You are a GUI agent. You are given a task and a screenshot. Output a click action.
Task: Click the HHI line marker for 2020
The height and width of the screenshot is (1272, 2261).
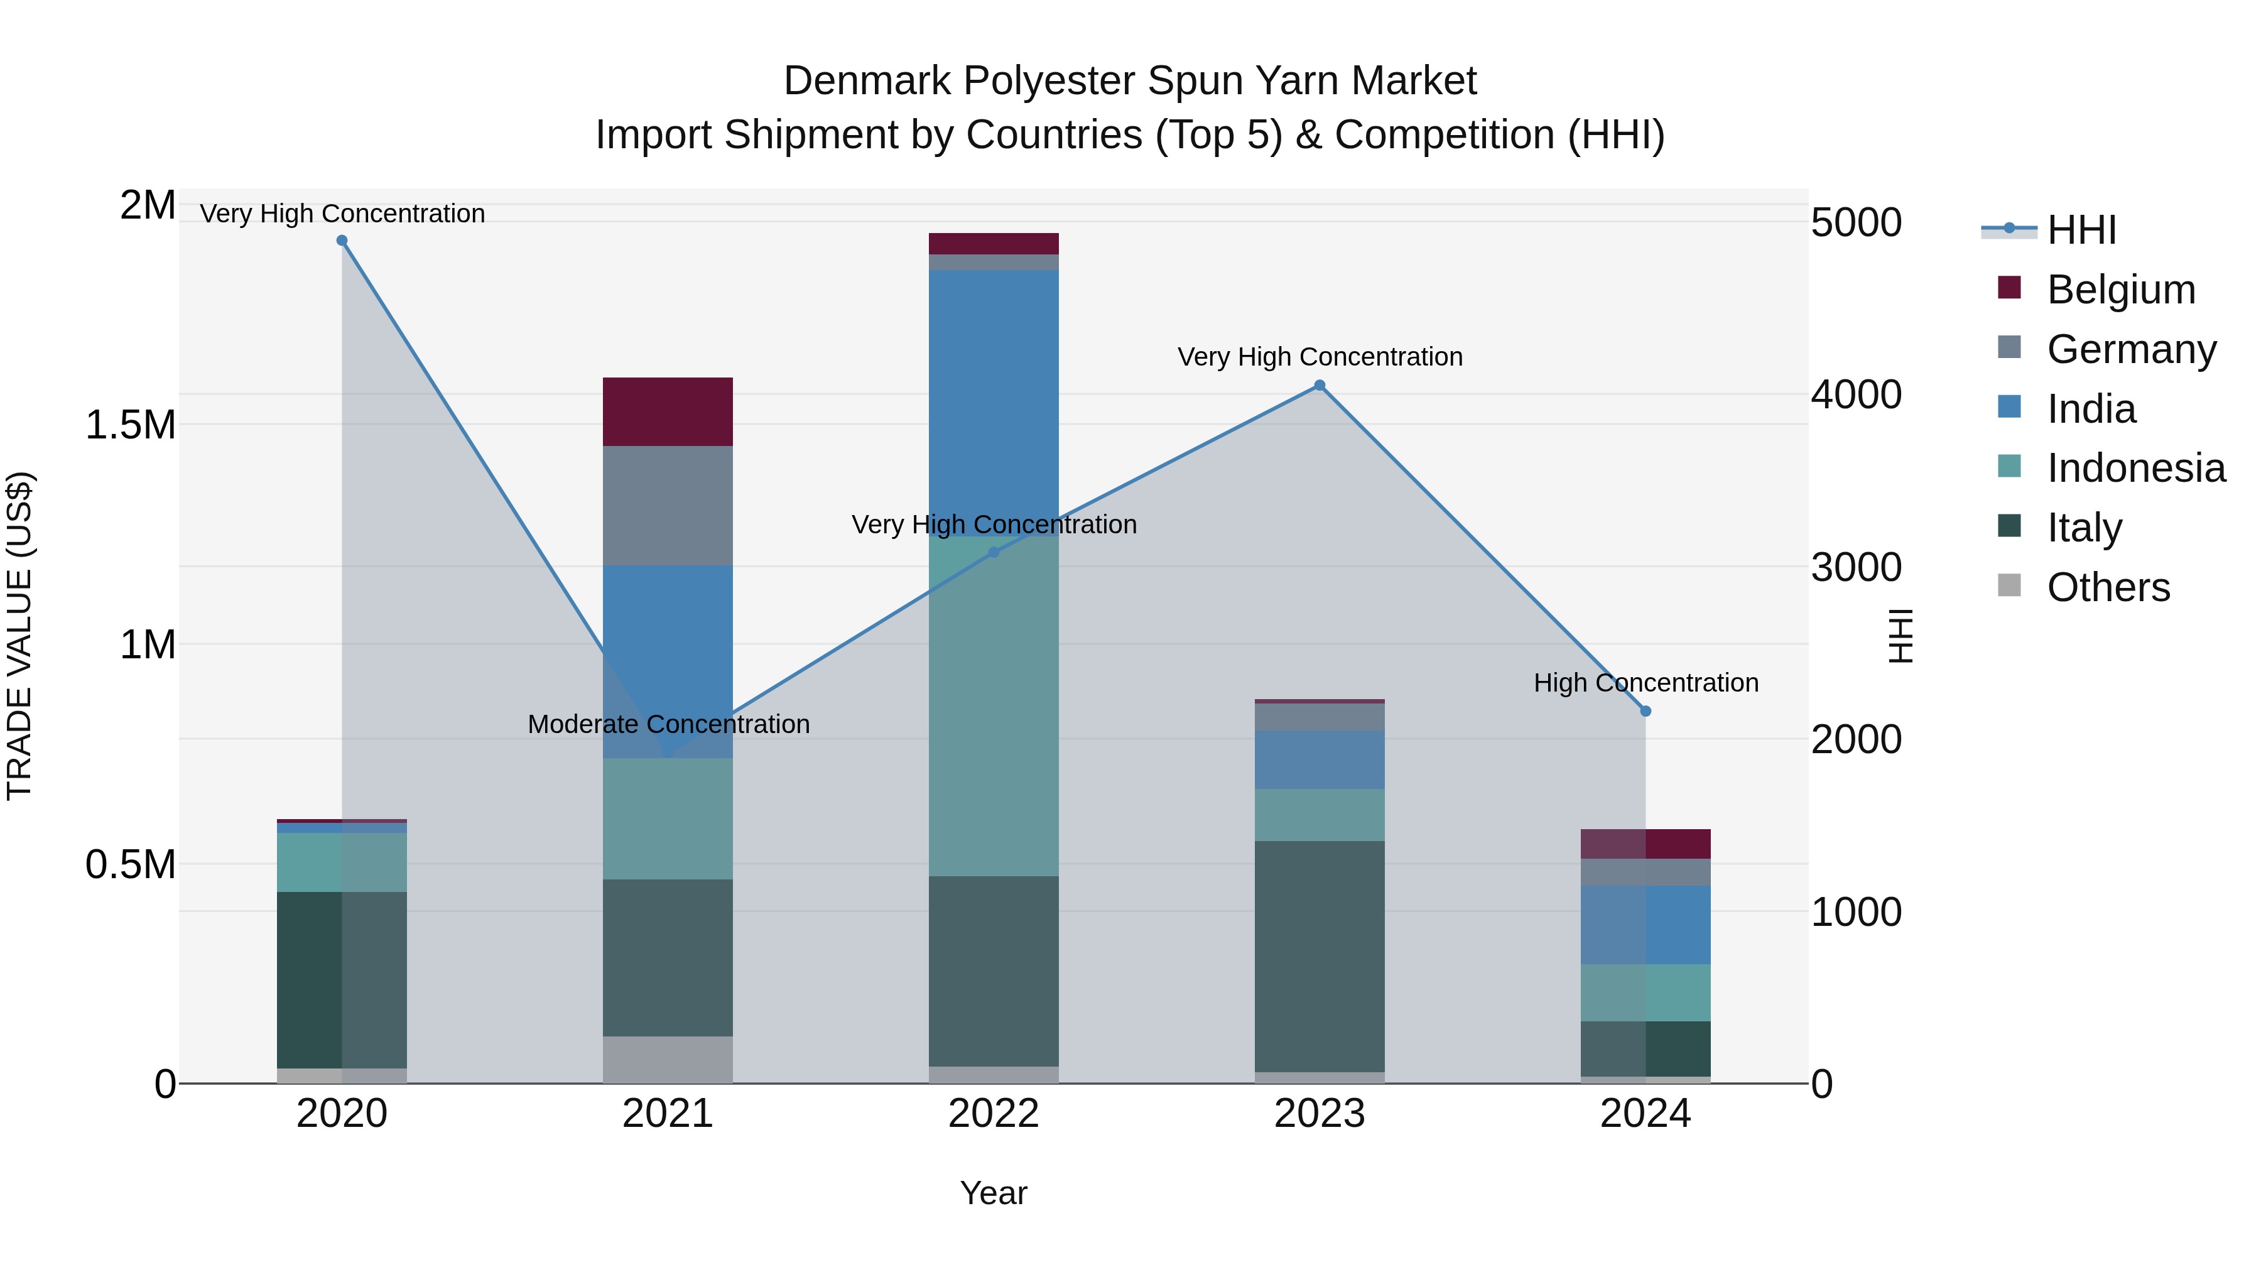pos(342,241)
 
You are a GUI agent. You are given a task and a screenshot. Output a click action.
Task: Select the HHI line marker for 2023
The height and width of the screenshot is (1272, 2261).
pos(1319,386)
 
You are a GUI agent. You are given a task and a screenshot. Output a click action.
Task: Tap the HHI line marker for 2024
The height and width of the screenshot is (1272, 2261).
pos(1646,711)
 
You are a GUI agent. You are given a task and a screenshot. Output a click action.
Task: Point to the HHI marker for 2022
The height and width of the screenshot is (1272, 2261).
pos(994,552)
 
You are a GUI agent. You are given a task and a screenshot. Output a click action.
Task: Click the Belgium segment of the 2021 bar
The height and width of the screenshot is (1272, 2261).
pos(668,411)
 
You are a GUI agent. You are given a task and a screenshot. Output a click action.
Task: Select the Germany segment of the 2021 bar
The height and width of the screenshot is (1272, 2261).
pos(668,506)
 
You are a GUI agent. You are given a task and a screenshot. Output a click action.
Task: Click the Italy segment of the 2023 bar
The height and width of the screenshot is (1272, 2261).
pos(1319,956)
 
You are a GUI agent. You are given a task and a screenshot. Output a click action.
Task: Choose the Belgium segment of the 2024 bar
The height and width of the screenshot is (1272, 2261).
pos(1646,844)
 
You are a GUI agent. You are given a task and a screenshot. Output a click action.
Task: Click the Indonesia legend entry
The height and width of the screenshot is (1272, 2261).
pos(2135,468)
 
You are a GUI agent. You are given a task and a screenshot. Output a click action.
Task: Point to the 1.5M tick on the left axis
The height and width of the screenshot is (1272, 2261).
pos(130,425)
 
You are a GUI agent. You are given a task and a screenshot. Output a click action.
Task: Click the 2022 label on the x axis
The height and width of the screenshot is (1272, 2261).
pos(994,1114)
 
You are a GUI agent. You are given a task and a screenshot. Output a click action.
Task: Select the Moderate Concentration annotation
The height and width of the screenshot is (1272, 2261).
pos(668,724)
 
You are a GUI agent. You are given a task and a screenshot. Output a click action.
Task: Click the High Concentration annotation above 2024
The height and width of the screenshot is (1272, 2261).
pos(1646,683)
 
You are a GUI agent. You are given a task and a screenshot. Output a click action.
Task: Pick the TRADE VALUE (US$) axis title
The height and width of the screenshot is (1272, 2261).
pos(19,636)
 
